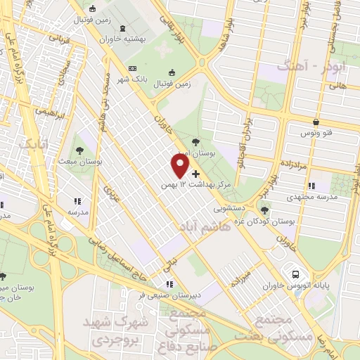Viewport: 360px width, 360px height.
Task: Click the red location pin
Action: (x=180, y=165)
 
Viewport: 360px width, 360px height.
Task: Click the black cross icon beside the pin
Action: (x=195, y=173)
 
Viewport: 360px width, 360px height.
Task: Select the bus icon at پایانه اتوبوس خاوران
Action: (x=296, y=275)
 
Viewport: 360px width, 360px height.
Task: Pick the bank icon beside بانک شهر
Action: (x=133, y=68)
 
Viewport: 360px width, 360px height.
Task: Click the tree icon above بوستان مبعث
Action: (x=79, y=150)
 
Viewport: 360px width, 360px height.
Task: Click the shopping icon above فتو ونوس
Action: (x=317, y=122)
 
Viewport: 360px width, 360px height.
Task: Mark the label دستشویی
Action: (x=229, y=209)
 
